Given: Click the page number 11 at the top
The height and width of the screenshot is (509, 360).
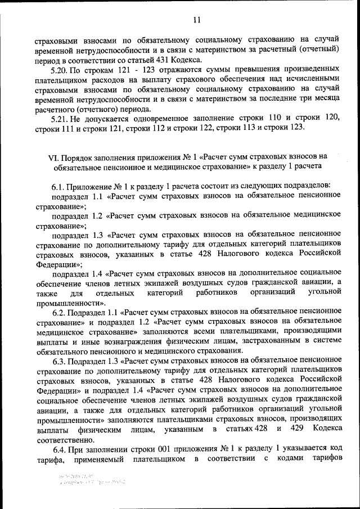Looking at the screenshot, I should pos(196,20).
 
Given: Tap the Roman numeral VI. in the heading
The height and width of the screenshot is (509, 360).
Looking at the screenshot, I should pos(53,157).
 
